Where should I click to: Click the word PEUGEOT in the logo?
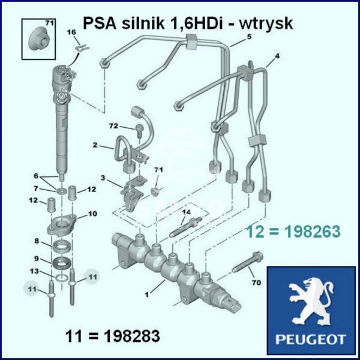point(311,339)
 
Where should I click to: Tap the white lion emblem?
point(311,302)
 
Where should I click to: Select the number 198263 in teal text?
point(313,232)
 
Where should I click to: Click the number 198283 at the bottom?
point(132,336)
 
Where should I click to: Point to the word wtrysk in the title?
point(266,23)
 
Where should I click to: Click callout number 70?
point(256,282)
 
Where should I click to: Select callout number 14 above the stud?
point(187,212)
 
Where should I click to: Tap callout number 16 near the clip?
point(71,32)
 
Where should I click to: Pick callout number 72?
point(113,126)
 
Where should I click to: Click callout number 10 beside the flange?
point(92,214)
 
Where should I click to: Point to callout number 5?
point(250,37)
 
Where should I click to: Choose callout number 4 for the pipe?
point(277,56)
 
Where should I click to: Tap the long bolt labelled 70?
point(247,262)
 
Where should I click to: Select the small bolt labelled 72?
point(139,130)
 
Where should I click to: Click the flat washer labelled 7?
point(61,190)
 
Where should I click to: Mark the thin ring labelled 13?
point(61,278)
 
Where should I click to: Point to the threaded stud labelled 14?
point(186,227)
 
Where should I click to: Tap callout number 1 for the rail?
point(147,294)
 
